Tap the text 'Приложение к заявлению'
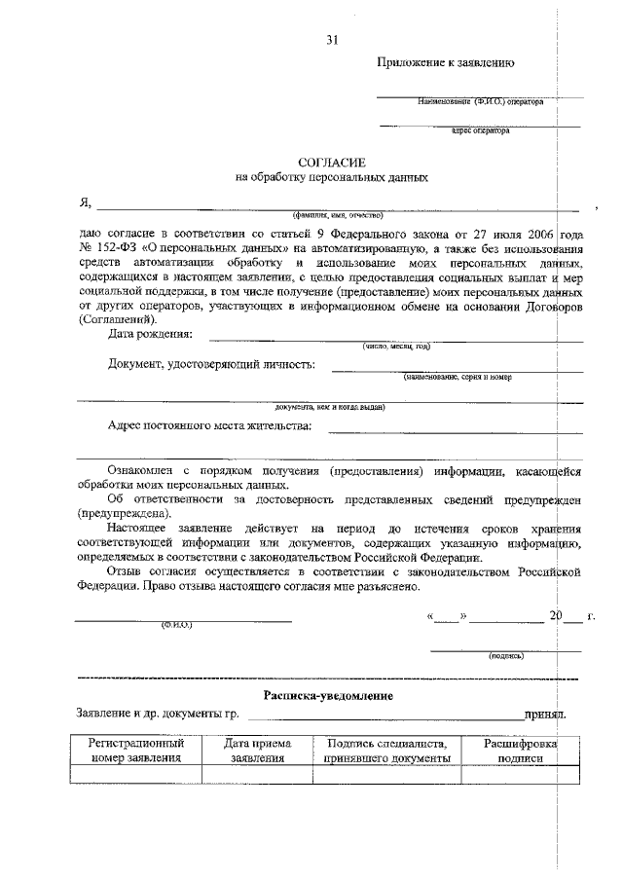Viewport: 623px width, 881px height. click(446, 63)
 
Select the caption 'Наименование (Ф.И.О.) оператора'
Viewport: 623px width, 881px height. click(481, 101)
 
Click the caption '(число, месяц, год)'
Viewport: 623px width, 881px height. click(395, 346)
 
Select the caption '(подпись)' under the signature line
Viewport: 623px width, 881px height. click(506, 656)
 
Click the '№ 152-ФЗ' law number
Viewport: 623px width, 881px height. click(107, 249)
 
